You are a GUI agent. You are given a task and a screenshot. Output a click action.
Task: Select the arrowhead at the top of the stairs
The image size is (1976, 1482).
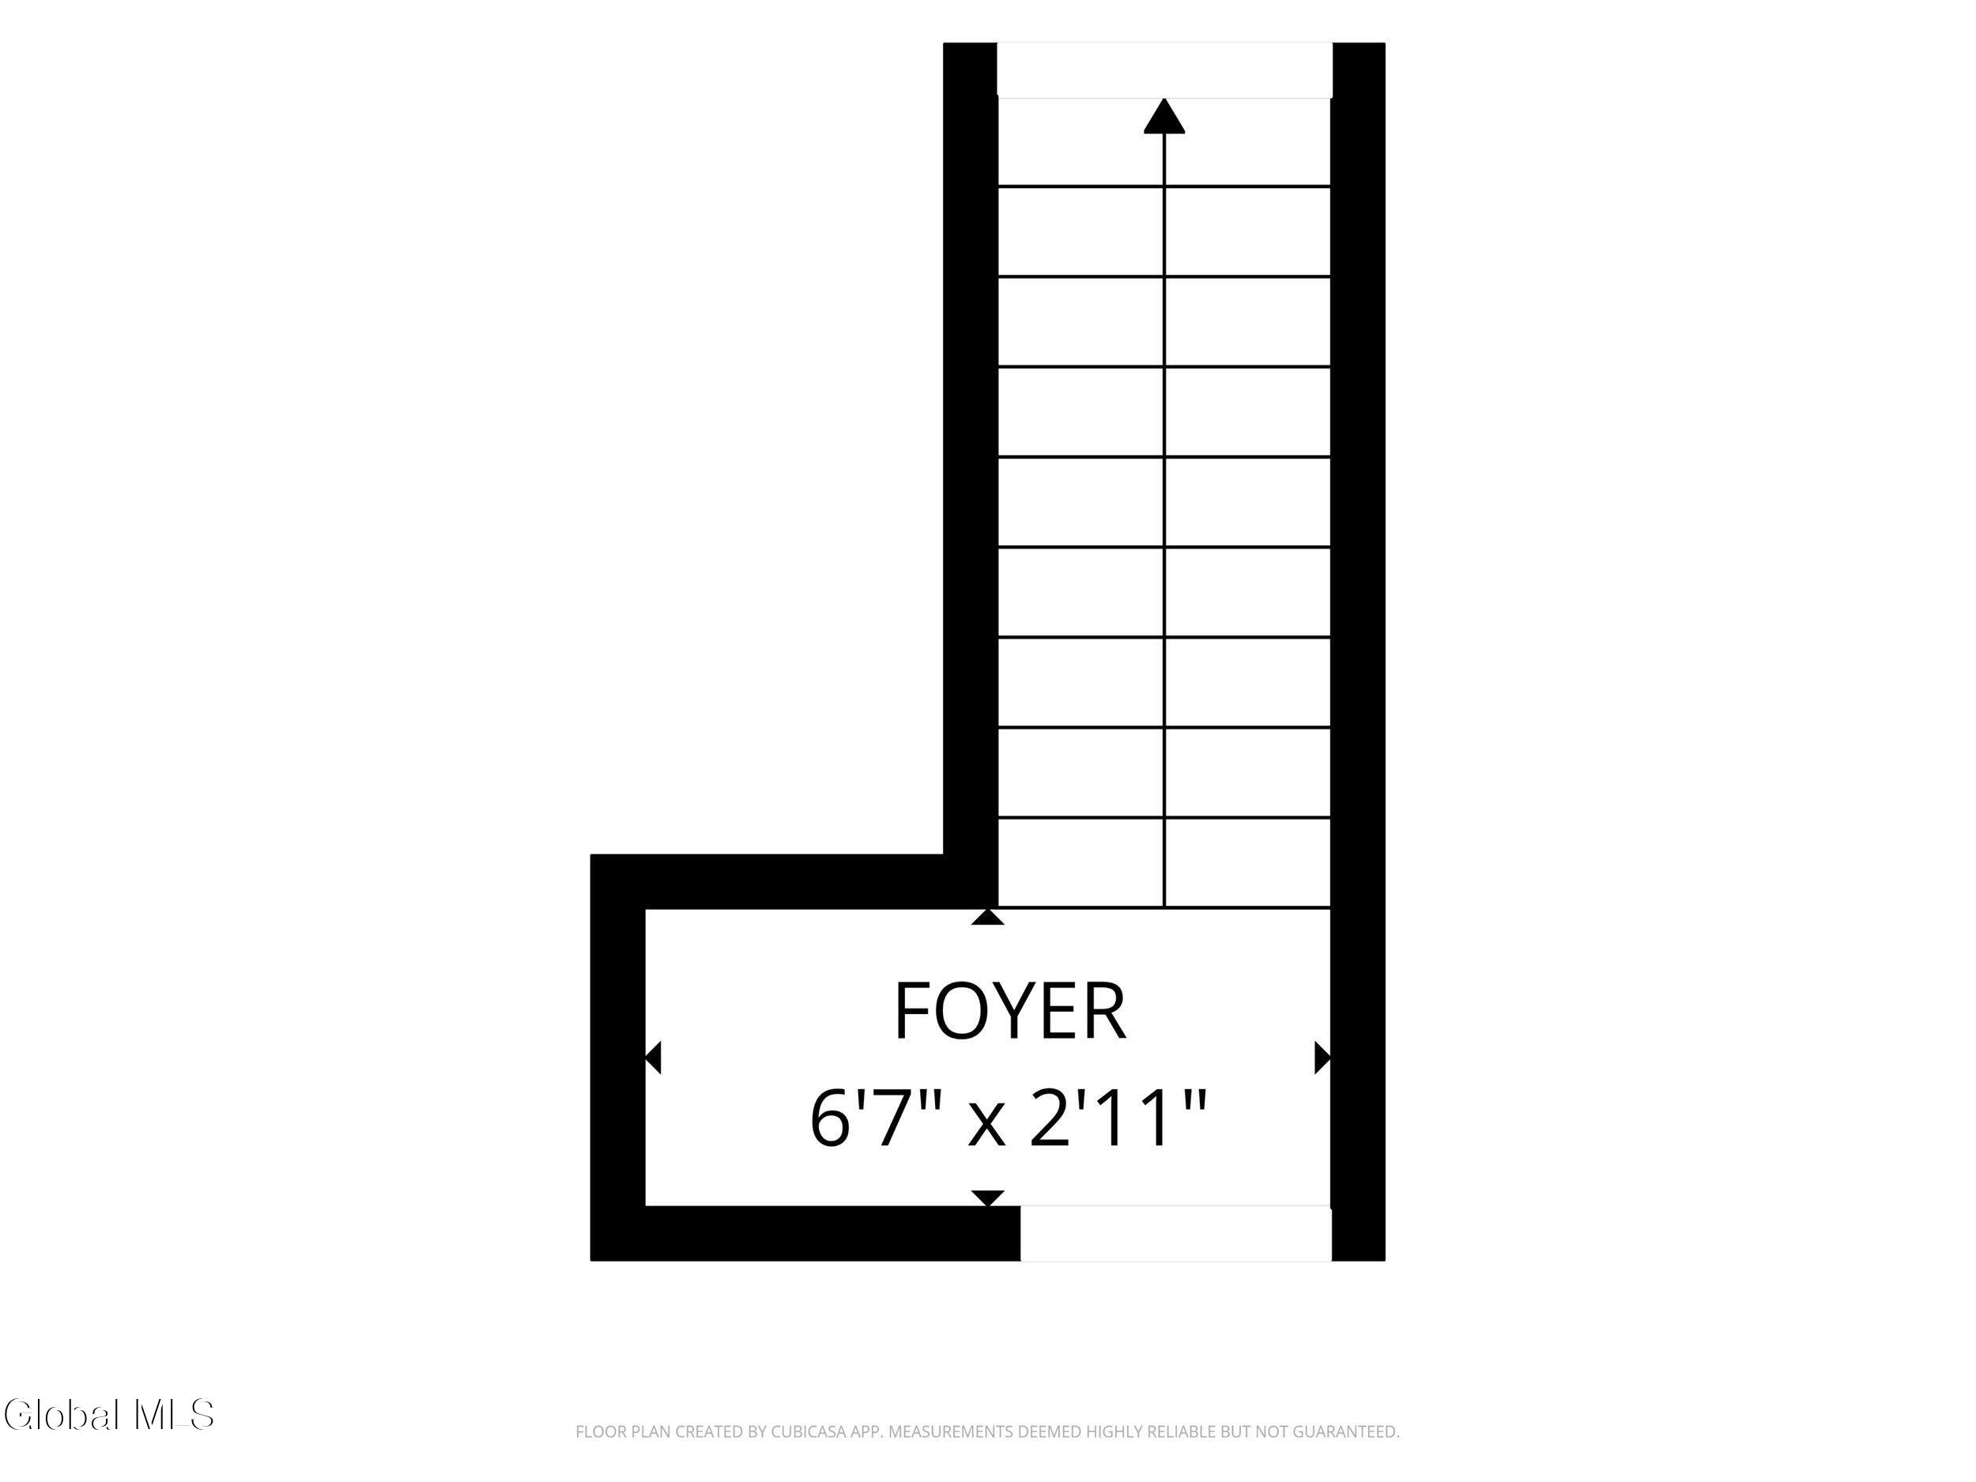click(x=1164, y=116)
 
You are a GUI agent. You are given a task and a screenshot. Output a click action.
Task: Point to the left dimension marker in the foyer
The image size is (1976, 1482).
click(x=653, y=1058)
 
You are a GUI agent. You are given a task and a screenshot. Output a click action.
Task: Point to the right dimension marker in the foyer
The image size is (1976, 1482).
click(x=1323, y=1058)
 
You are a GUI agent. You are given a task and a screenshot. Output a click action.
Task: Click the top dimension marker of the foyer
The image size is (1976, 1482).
click(x=987, y=917)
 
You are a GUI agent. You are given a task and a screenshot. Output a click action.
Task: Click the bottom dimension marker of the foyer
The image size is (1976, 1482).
click(x=987, y=1198)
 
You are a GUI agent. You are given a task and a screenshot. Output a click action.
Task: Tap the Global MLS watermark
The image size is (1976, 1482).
click(x=109, y=1415)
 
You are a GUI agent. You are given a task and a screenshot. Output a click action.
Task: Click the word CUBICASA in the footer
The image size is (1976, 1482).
click(x=809, y=1432)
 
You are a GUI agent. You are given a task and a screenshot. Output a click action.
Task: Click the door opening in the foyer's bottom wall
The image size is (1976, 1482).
click(x=1175, y=1234)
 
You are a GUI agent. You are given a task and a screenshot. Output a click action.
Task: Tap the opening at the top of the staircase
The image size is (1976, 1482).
click(x=1164, y=70)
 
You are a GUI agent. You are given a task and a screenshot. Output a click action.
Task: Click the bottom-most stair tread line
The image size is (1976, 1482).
click(x=1164, y=908)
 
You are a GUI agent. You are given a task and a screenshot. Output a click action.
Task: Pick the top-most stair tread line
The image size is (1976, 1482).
click(x=1164, y=187)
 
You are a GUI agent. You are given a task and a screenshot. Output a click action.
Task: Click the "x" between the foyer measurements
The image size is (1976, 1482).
click(x=987, y=1127)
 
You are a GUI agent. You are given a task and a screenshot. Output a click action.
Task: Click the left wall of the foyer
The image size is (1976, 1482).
click(x=618, y=1058)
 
